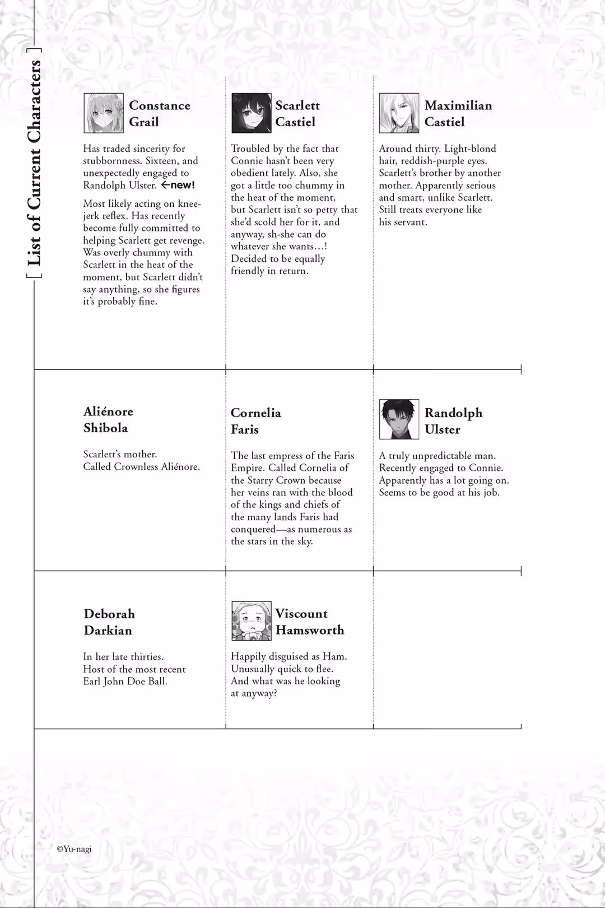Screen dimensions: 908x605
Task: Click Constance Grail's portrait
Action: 104,113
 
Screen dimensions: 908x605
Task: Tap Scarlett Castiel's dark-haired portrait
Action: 252,113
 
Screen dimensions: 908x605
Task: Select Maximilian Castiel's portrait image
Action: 399,113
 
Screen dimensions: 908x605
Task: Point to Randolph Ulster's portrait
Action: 399,419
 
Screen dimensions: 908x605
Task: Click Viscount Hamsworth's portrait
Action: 252,621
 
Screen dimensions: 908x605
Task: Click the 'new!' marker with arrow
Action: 178,185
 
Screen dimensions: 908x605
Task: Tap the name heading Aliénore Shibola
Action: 108,419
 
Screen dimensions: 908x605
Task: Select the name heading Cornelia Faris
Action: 255,421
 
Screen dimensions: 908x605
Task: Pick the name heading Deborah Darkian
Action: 109,622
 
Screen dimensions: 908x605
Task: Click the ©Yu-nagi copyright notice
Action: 74,849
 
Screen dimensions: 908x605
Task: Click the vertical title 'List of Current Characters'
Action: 34,163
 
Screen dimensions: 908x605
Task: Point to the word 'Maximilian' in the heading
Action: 458,105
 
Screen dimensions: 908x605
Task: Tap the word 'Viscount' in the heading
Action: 301,614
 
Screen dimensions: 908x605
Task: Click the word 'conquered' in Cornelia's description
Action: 253,529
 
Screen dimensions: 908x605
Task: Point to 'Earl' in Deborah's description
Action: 92,682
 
